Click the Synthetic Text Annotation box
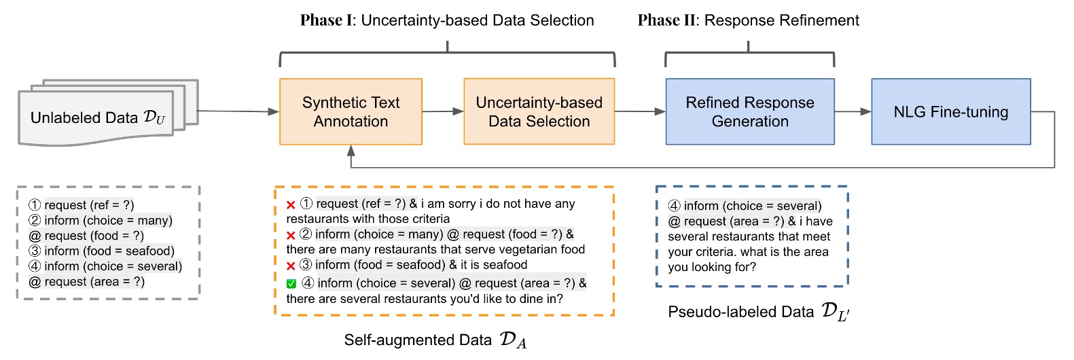click(351, 111)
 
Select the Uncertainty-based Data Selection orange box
click(539, 111)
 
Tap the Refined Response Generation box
click(750, 111)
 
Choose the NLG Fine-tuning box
click(950, 111)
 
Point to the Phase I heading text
click(447, 20)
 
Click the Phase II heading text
click(748, 20)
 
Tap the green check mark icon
click(291, 284)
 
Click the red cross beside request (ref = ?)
click(291, 204)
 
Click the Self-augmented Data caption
click(435, 340)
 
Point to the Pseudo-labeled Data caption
click(758, 312)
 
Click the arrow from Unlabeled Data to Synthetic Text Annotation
click(238, 111)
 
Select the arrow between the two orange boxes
click(443, 111)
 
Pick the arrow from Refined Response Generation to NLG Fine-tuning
click(853, 111)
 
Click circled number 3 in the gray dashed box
click(35, 251)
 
